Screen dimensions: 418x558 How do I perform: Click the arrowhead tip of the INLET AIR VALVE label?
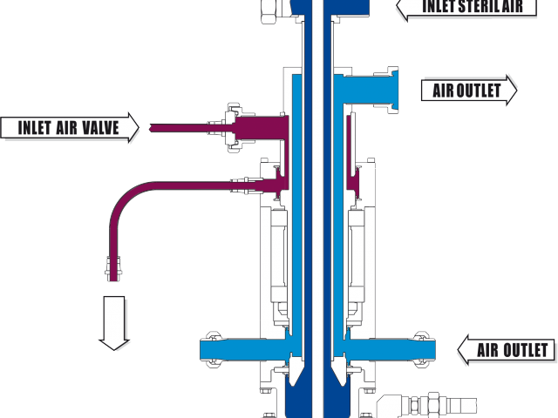tap(139, 128)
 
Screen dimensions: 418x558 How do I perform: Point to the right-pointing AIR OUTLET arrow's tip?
tap(517, 90)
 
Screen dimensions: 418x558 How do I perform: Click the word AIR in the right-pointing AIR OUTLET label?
tap(444, 90)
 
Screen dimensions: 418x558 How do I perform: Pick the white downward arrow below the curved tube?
tap(115, 322)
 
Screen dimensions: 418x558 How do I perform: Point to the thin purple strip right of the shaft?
tap(348, 144)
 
